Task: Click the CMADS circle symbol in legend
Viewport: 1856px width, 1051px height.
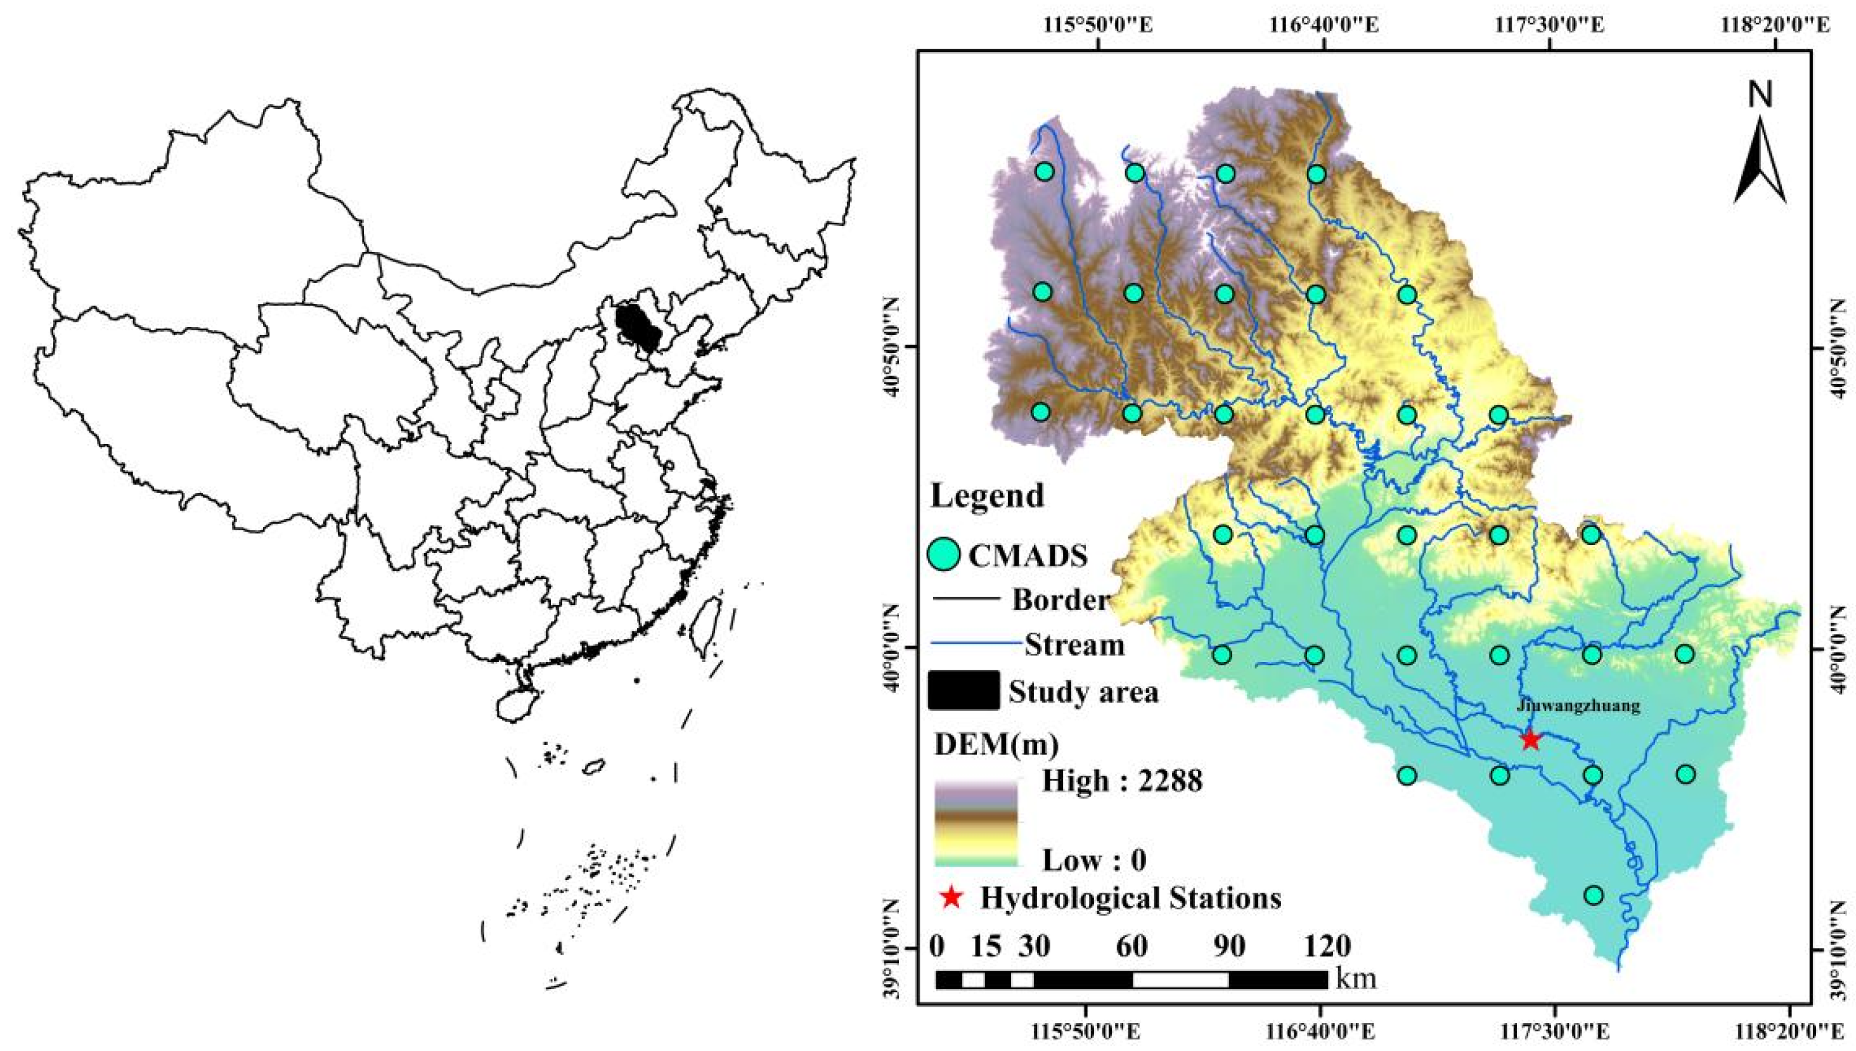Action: (x=943, y=555)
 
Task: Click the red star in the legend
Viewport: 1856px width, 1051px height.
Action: (x=952, y=897)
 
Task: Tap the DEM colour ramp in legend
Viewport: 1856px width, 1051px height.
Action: (x=976, y=822)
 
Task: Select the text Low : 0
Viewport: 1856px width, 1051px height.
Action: (x=1094, y=860)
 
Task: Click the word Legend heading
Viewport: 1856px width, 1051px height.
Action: (x=987, y=496)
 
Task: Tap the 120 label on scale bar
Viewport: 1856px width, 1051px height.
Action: (x=1327, y=946)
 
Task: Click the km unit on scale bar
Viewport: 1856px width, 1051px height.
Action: (x=1355, y=979)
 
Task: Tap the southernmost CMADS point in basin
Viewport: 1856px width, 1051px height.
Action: (x=1594, y=895)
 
